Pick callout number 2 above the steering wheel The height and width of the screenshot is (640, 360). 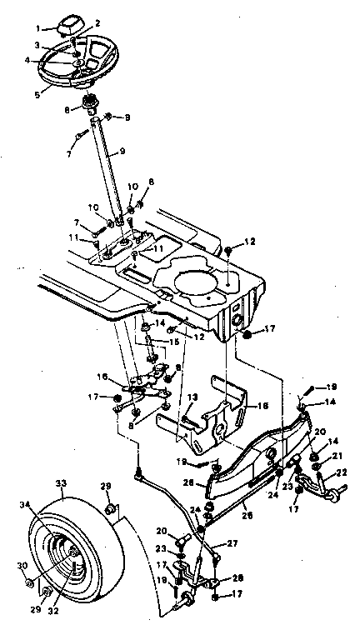coord(97,22)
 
